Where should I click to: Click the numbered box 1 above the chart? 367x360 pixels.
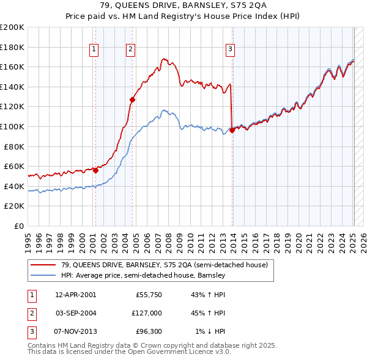pyautogui.click(x=95, y=50)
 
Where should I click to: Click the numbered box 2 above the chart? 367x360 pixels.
pyautogui.click(x=131, y=50)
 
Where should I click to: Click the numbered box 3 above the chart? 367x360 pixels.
pyautogui.click(x=230, y=50)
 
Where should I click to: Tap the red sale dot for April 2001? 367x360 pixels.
pyautogui.click(x=96, y=171)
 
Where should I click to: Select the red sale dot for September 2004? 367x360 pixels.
pyautogui.click(x=132, y=99)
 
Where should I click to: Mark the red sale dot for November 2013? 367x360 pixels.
pyautogui.click(x=232, y=130)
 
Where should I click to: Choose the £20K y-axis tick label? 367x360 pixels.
pyautogui.click(x=14, y=206)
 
